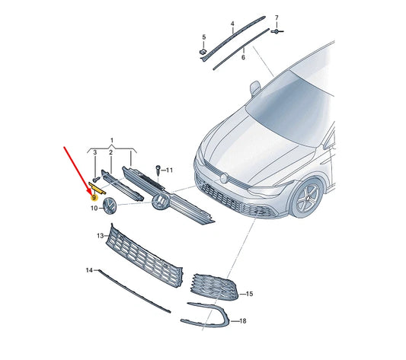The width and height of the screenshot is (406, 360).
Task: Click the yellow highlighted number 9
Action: point(94,196)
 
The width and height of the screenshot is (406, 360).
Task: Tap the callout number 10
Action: point(94,207)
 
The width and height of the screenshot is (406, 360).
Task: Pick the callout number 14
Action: point(89,270)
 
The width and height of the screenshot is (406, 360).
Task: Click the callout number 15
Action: point(250,293)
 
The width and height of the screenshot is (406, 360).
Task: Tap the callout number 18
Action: point(243,322)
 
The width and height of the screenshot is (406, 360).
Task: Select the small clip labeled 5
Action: point(204,52)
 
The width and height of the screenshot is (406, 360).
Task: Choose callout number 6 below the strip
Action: point(242,57)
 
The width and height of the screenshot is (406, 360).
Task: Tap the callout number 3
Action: point(94,153)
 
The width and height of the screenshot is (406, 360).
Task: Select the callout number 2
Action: point(110,153)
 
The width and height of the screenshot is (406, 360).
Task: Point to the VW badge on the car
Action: point(225,178)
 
